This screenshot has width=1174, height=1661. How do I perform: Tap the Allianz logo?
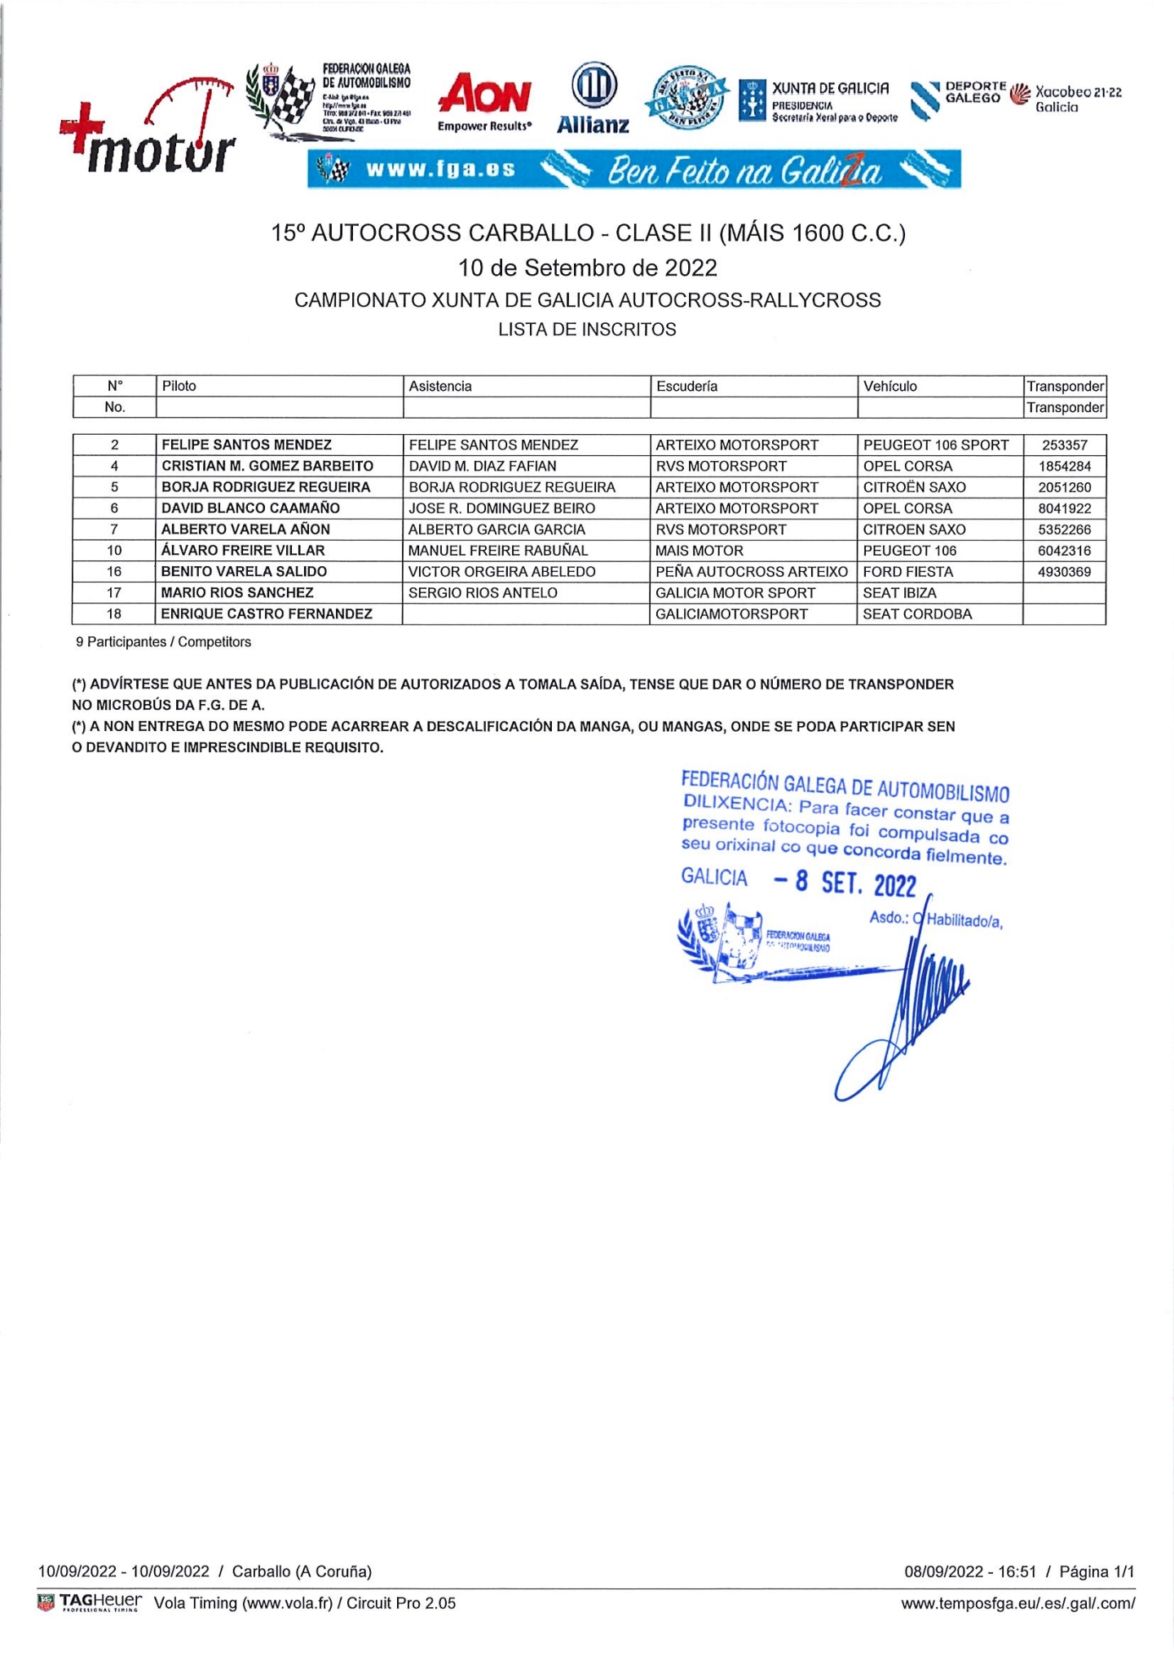coord(593,100)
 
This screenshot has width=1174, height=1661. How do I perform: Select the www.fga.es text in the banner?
coord(440,170)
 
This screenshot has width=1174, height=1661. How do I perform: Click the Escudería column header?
coord(686,386)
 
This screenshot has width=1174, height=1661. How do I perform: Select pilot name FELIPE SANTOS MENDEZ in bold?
coord(246,445)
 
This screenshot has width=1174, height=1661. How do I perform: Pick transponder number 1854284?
coord(1064,466)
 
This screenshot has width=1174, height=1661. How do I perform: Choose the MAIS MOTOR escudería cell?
coord(699,551)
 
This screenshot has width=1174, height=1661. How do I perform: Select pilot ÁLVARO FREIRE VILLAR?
coord(243,551)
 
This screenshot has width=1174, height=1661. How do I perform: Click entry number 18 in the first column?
coord(114,613)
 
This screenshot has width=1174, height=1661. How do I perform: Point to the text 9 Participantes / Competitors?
coord(163,642)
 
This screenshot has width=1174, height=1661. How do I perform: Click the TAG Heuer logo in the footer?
coord(90,1602)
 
